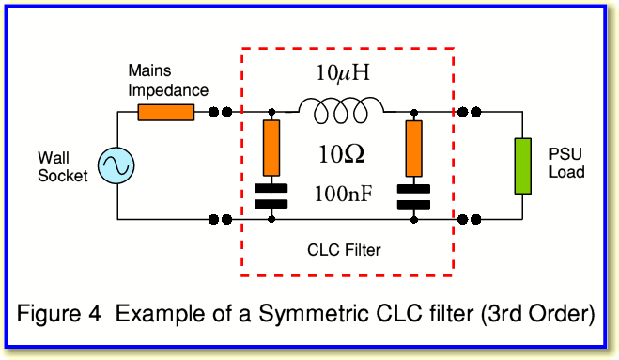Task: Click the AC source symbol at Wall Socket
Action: coord(116,165)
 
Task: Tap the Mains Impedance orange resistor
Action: coord(166,112)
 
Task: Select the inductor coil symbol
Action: coord(341,111)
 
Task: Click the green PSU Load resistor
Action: coord(522,166)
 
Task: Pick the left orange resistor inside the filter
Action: coord(271,149)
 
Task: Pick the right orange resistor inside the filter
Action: coord(413,149)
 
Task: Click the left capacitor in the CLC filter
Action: coord(271,196)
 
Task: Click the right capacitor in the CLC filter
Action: coord(413,196)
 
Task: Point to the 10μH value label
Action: coord(343,72)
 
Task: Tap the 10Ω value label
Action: coord(342,154)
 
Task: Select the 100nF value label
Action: coord(344,194)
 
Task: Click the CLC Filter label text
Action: coord(344,250)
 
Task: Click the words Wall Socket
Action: coord(63,166)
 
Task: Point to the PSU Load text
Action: coord(566,163)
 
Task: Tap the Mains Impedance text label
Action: coord(168,81)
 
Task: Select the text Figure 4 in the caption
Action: coord(59,314)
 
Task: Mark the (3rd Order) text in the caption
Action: coord(537,314)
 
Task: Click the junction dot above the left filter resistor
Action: coord(271,113)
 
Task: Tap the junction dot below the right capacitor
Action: coord(413,219)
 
